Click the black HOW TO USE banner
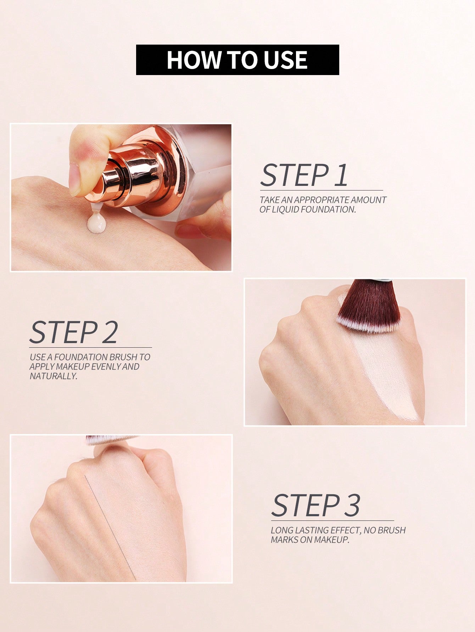[x=238, y=59]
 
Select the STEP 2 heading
[x=73, y=332]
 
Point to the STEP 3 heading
[x=315, y=505]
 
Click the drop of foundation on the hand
[x=97, y=223]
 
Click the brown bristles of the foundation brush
[x=369, y=304]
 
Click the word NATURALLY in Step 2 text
[x=54, y=376]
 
